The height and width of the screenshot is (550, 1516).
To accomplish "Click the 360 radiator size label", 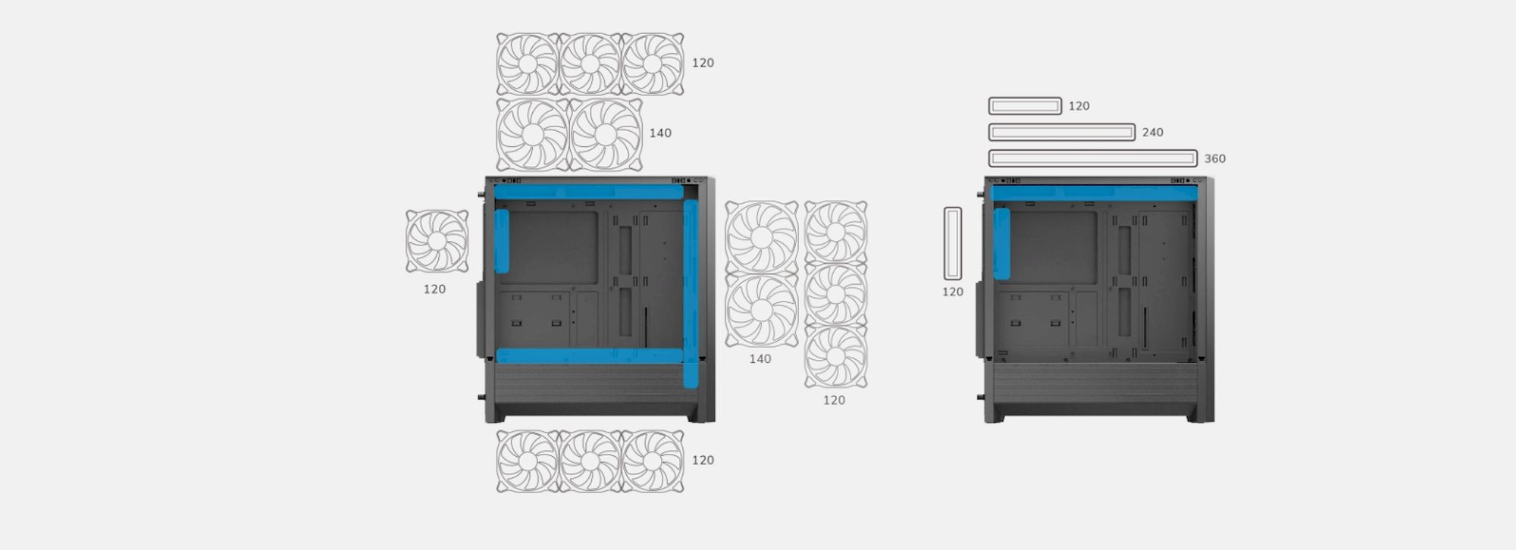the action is click(1214, 158).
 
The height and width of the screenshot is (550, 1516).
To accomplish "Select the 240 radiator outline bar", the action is click(1062, 133).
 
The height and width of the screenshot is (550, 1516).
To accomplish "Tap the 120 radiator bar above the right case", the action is click(1025, 106).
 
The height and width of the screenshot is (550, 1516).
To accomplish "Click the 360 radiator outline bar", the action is click(1093, 158).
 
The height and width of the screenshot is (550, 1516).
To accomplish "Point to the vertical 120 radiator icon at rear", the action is click(953, 243).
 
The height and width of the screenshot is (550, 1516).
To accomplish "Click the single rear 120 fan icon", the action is click(437, 241).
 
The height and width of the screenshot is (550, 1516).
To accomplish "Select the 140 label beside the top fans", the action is click(660, 133).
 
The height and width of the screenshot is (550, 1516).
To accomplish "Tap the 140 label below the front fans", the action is click(760, 359).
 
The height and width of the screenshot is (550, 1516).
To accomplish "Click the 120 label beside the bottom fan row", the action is click(703, 460).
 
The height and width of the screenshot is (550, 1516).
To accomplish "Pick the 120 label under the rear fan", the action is click(434, 289).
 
